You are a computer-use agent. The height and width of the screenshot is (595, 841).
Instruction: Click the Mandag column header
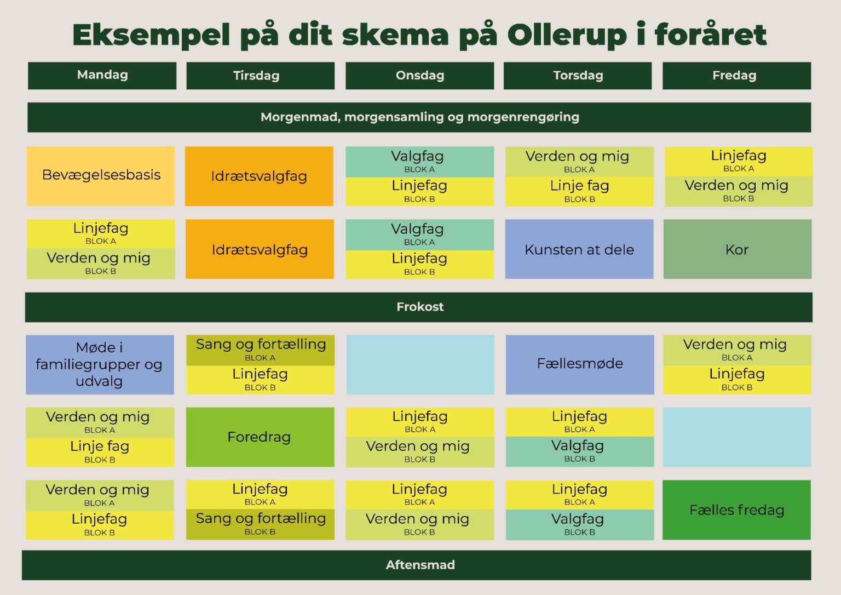click(x=102, y=76)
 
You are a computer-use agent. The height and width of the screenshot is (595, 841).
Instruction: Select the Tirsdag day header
click(x=260, y=76)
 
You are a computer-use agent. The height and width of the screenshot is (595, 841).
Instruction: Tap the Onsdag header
click(x=420, y=76)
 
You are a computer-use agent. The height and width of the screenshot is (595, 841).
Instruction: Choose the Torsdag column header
click(x=578, y=76)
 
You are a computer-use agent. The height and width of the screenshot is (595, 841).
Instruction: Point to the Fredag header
click(x=736, y=76)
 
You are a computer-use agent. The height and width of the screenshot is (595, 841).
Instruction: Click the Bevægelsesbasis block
click(x=101, y=176)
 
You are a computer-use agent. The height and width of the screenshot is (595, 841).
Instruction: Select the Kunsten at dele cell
click(x=579, y=249)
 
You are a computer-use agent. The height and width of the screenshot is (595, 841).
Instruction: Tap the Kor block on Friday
click(x=738, y=249)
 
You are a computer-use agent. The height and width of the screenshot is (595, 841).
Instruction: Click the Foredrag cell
click(x=260, y=437)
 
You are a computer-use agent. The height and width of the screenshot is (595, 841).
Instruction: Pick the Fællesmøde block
click(x=580, y=364)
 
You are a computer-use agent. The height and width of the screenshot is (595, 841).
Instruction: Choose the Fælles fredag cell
click(x=736, y=510)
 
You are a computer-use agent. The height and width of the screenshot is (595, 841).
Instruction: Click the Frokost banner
click(x=419, y=307)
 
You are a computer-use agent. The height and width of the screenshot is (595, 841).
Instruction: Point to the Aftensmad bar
click(x=416, y=565)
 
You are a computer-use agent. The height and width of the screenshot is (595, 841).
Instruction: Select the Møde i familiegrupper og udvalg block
click(x=100, y=364)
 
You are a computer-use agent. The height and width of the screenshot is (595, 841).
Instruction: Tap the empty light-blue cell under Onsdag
click(x=420, y=364)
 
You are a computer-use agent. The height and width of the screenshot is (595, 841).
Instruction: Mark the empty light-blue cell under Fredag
click(x=737, y=437)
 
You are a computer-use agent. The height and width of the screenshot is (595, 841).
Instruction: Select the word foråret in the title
click(x=711, y=35)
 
